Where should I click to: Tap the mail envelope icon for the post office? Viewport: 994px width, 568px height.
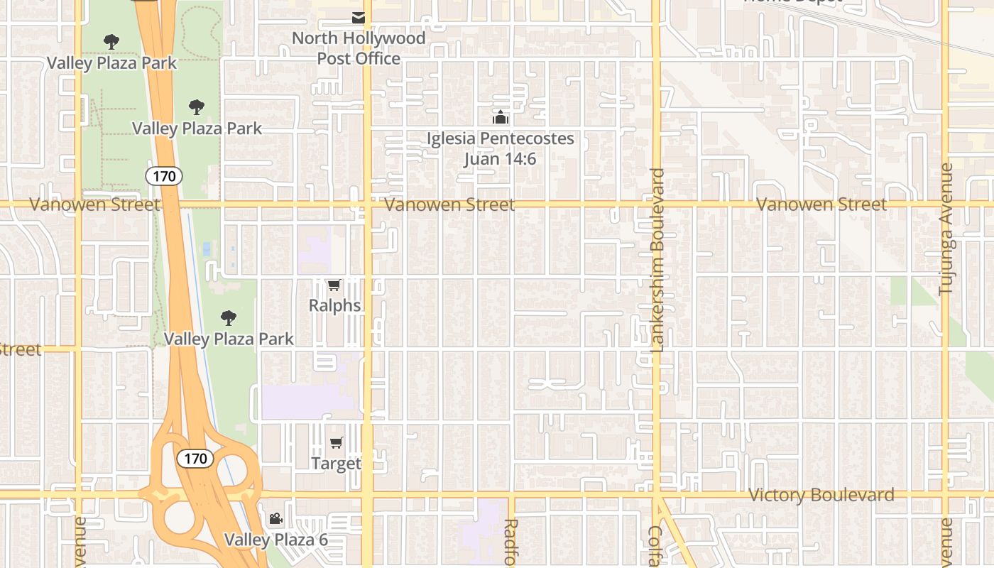pos(359,18)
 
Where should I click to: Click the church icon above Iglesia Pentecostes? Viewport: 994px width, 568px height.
pos(501,117)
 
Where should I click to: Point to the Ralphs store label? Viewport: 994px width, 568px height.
pos(334,306)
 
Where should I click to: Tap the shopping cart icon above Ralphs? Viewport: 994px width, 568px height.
pos(334,285)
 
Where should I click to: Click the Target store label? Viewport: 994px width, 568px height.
pos(336,464)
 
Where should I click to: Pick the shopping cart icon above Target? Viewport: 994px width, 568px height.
pos(336,443)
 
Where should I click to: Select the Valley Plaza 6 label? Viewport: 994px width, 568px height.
pos(276,540)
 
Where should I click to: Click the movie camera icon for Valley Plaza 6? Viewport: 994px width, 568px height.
pos(275,519)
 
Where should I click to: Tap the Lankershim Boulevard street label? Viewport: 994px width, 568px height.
pos(657,260)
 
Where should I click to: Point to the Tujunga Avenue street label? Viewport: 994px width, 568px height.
pos(946,229)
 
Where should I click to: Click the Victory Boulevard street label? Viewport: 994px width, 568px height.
pos(821,495)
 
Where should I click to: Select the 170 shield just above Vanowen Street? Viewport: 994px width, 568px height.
pos(164,176)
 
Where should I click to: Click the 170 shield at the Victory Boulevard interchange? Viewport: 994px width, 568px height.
pos(195,459)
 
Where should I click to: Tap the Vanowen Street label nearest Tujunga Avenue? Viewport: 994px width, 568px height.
pos(821,204)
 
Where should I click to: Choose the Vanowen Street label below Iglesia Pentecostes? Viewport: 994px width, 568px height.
pos(449,204)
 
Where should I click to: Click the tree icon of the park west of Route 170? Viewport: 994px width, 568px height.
pos(111,42)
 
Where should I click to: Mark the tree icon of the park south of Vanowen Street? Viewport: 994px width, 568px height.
pos(228,318)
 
